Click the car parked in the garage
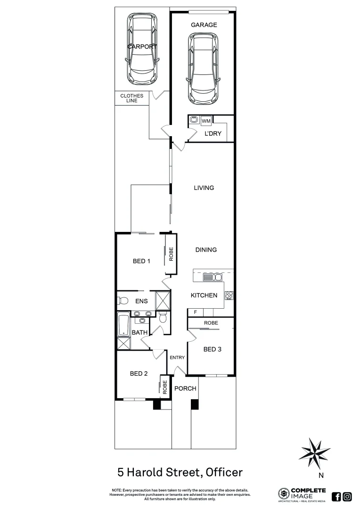point(204,69)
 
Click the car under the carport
point(142,48)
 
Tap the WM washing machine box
point(206,121)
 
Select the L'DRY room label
point(213,133)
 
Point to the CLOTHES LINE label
point(131,98)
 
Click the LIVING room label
point(204,188)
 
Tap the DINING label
point(206,250)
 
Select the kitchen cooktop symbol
point(229,296)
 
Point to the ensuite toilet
point(122,300)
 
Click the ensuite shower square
point(162,299)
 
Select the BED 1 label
point(141,261)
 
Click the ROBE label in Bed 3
point(211,323)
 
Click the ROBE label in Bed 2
point(165,387)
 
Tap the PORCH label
point(185,388)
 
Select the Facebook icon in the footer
point(336,496)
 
